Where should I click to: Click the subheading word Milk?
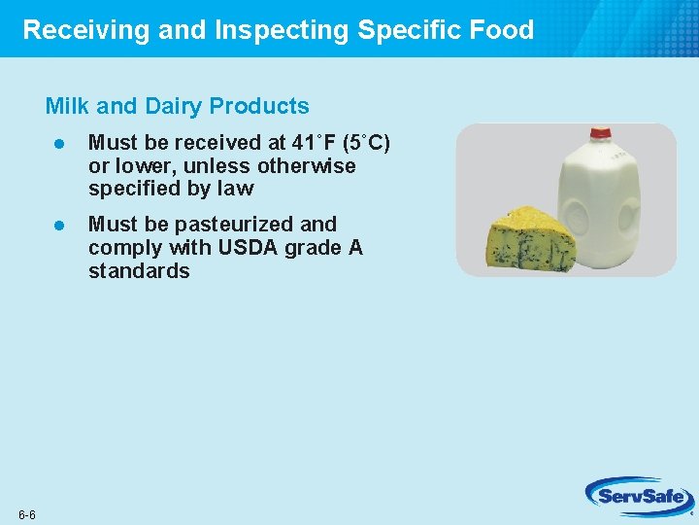coord(66,106)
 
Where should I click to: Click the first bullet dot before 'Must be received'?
coord(58,144)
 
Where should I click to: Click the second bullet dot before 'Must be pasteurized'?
coord(58,225)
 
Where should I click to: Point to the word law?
coord(235,189)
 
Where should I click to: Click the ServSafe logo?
coord(639,496)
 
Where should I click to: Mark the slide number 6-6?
coord(26,513)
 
